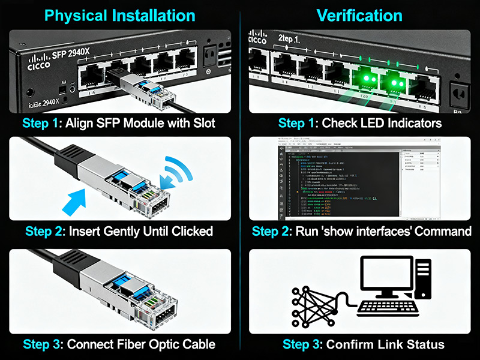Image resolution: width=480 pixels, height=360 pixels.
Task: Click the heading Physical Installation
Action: click(x=121, y=16)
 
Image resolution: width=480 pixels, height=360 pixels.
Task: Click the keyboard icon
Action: click(x=386, y=309)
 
